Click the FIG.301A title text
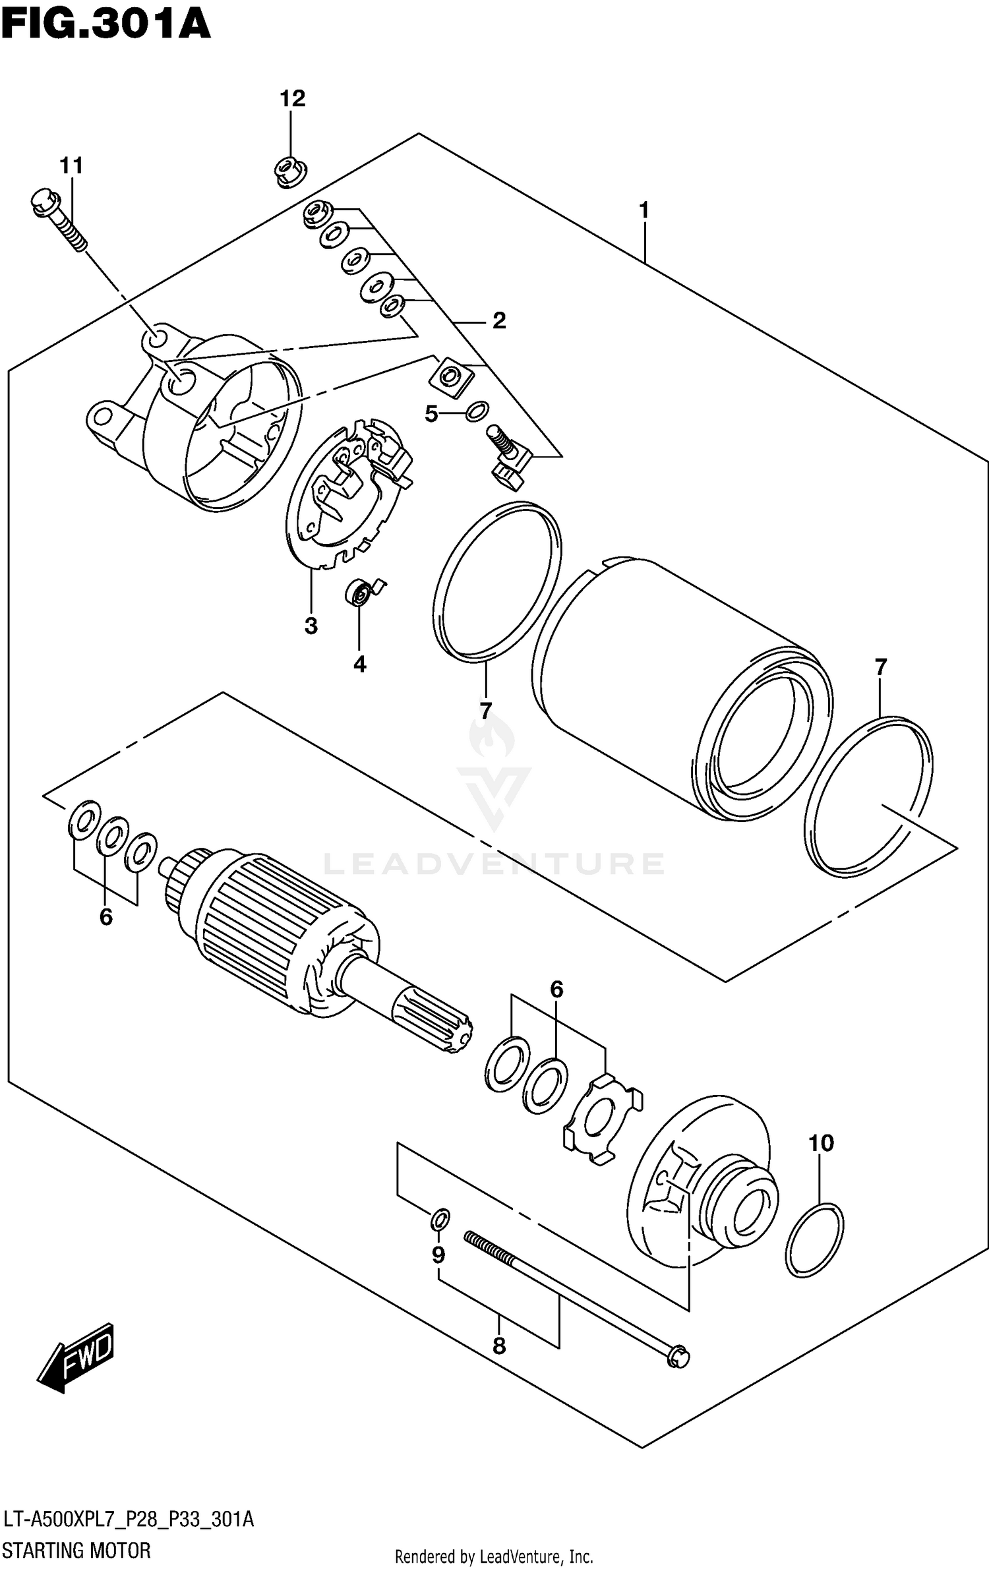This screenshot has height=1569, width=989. click(x=105, y=25)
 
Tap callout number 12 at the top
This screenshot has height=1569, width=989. click(x=292, y=99)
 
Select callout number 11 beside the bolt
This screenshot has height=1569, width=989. click(x=71, y=165)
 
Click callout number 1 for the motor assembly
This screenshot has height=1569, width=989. click(x=644, y=211)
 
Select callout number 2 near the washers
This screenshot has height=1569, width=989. click(x=499, y=320)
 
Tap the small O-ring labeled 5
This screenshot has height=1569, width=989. click(x=477, y=412)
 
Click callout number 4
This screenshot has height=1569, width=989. click(x=359, y=664)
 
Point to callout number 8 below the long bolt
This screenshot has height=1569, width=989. click(x=498, y=1346)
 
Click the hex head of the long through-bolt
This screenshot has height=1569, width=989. click(x=677, y=1357)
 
